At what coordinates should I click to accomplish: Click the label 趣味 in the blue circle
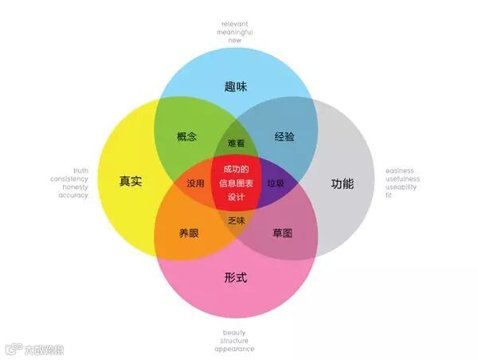237,86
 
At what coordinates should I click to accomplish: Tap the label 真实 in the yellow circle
131,182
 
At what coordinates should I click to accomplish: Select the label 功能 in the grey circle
342,184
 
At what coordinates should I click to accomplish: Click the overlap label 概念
187,136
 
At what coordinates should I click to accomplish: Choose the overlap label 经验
284,136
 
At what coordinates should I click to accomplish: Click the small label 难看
236,143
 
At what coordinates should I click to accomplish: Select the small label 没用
195,183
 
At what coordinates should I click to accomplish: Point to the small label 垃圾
276,183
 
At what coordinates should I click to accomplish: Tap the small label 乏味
236,220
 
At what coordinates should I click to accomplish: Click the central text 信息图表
236,182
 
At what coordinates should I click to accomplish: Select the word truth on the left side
80,170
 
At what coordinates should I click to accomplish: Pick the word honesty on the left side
76,186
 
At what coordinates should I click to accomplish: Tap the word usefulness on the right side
402,178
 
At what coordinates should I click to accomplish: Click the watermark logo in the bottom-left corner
13,349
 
